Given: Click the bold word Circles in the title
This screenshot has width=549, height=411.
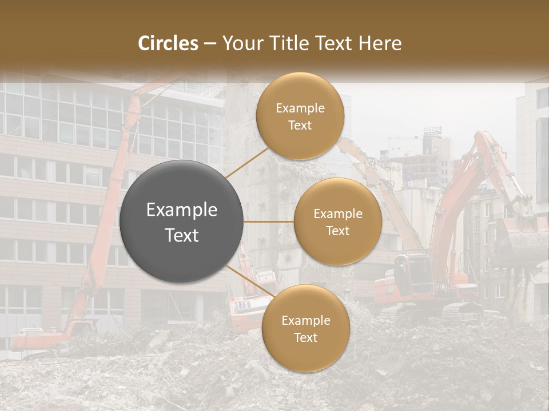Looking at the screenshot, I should (x=168, y=43).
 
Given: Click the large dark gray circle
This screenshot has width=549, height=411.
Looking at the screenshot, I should (x=182, y=221).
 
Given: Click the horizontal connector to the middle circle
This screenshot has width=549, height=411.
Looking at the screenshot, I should (x=269, y=221).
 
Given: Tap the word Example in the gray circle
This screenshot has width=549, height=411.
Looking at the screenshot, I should (x=182, y=210).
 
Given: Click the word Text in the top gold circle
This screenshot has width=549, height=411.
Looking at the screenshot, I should (x=300, y=125).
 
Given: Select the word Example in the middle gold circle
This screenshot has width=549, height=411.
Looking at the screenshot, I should (x=337, y=214).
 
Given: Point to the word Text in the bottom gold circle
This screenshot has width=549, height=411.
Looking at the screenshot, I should (x=305, y=337).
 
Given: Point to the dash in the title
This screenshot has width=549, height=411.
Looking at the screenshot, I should (x=209, y=44).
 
